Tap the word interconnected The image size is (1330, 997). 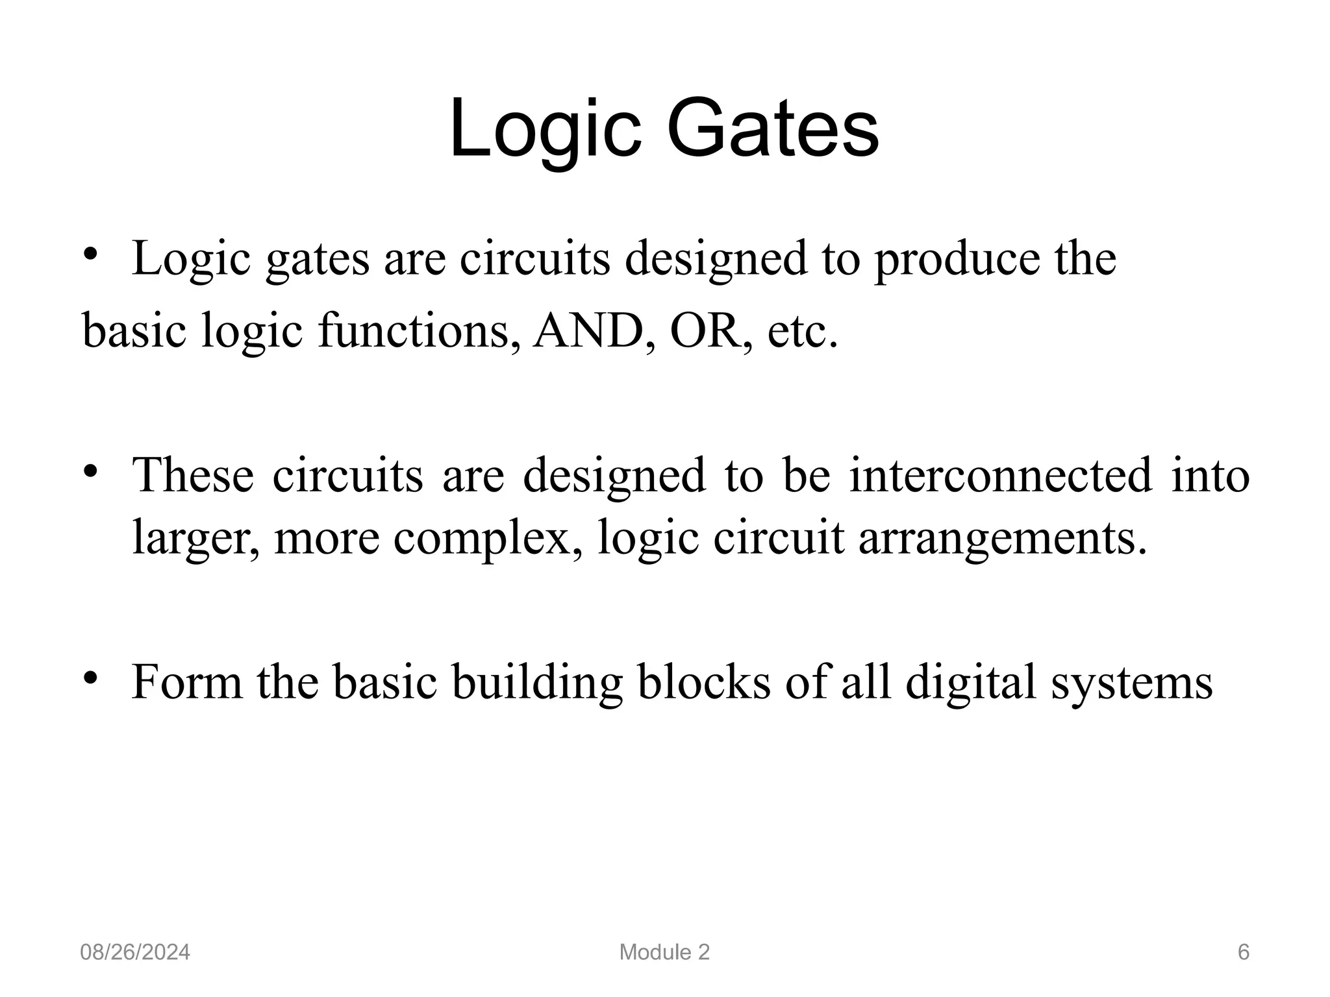1001,474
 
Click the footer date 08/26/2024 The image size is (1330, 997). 135,952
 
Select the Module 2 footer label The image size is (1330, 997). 664,952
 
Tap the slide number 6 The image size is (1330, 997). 1244,952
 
